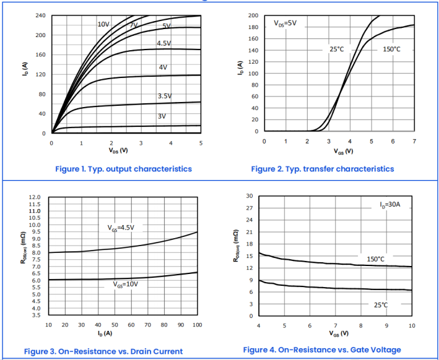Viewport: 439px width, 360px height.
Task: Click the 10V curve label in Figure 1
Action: (103, 24)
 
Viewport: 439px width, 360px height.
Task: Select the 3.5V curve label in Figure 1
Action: (164, 96)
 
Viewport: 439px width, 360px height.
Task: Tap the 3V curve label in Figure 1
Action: (162, 116)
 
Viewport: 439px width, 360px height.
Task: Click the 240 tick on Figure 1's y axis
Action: (40, 15)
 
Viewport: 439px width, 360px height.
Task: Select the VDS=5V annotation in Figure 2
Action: (285, 24)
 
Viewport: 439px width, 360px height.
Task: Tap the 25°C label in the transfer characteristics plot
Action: (336, 49)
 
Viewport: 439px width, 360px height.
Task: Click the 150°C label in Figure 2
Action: (391, 49)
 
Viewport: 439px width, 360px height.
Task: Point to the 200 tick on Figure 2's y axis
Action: (253, 15)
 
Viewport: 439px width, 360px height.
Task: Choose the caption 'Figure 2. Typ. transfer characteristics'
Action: (322, 169)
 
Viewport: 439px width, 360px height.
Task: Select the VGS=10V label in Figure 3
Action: (126, 285)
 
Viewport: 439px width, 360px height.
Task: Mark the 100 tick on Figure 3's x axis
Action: (198, 325)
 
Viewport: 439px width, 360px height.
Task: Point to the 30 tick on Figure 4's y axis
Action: (249, 196)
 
